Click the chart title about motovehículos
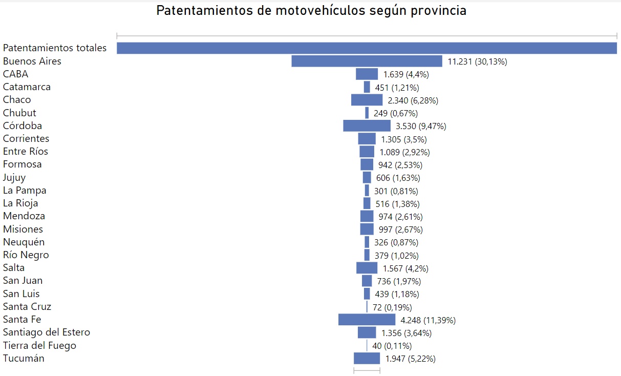(311, 11)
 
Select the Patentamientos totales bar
(367, 48)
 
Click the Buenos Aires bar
(367, 61)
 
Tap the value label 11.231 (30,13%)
(477, 61)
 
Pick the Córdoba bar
(367, 126)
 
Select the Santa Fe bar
(367, 320)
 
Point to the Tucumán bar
(367, 358)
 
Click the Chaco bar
(367, 100)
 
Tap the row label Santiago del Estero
(47, 332)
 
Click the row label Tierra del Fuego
(39, 345)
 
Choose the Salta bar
(367, 268)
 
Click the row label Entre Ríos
(26, 151)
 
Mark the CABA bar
(367, 74)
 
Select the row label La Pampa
(25, 190)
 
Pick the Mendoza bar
(367, 216)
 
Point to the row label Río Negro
(26, 255)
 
